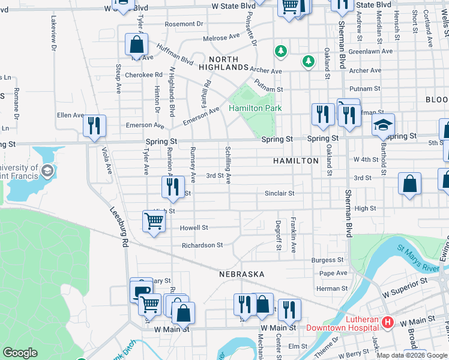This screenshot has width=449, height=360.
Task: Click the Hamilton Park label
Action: [255, 108]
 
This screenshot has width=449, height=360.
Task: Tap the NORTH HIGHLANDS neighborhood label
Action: [228, 64]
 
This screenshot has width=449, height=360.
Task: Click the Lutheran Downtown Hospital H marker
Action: [387, 323]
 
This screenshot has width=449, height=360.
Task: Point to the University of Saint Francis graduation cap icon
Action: [46, 172]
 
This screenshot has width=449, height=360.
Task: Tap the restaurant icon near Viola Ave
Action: [94, 126]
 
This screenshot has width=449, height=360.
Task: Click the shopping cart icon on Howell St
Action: [154, 221]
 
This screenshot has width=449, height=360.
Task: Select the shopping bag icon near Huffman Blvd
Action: [137, 44]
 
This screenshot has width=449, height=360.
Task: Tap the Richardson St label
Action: [202, 245]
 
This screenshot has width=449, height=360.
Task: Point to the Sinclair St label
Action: [280, 194]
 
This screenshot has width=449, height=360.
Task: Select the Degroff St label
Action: [279, 235]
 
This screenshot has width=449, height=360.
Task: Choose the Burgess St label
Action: [327, 260]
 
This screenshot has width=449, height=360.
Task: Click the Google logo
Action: [20, 353]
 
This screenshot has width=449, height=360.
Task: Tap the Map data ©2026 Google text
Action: [412, 355]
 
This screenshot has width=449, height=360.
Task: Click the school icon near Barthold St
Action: [383, 124]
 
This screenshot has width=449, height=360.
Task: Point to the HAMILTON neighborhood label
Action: [295, 161]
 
